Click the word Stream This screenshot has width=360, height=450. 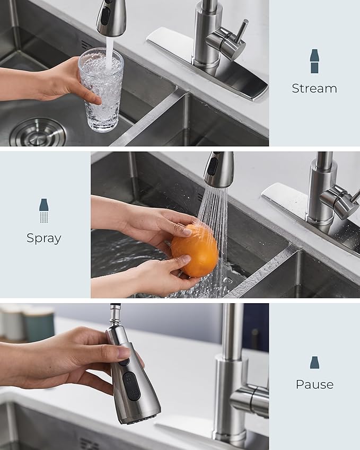[314, 89]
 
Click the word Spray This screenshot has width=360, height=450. [43, 239]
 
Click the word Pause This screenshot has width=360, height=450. [314, 384]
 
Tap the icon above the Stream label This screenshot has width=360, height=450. [314, 61]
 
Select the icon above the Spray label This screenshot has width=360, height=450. [43, 210]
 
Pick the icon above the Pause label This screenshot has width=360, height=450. [314, 362]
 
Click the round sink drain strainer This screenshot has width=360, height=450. [38, 133]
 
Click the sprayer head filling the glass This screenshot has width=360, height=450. [110, 17]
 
